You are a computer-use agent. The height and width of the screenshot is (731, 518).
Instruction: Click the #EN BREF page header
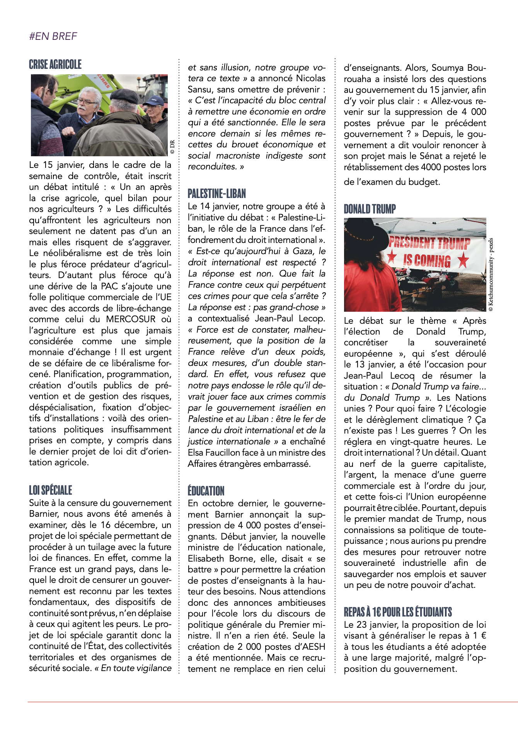(53, 36)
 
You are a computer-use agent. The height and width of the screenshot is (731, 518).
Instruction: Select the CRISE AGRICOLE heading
(55, 65)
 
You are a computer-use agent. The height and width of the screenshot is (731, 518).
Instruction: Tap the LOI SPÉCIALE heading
(51, 490)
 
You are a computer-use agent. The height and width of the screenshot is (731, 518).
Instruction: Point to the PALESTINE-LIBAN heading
(217, 194)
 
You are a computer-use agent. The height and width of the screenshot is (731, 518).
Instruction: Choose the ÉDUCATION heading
(206, 491)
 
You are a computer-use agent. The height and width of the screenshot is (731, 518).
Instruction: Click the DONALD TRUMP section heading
(370, 209)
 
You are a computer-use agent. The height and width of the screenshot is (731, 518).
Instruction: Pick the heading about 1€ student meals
(398, 612)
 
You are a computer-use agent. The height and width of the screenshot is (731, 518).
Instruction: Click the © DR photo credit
(172, 147)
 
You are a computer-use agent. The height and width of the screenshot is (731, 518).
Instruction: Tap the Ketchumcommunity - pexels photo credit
(491, 275)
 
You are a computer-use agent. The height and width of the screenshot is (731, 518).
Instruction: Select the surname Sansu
(199, 89)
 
